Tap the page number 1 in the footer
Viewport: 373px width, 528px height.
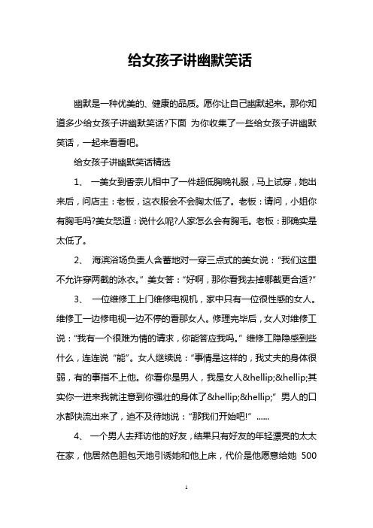click(186, 508)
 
